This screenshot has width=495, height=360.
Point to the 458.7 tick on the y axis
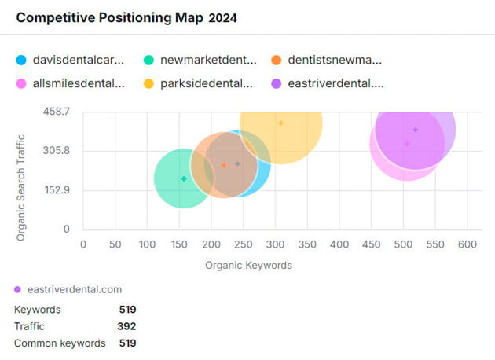[57, 112]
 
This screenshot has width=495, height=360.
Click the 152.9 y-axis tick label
[57, 189]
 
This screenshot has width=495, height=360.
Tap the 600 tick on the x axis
[467, 244]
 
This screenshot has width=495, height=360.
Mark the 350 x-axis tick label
[275, 244]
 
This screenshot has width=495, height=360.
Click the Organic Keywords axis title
[248, 266]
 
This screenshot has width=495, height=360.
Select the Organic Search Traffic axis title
[21, 171]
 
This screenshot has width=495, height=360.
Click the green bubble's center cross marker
[184, 178]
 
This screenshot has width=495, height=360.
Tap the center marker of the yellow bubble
[280, 123]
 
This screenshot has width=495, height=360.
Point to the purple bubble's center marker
[416, 130]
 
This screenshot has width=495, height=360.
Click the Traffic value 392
[127, 326]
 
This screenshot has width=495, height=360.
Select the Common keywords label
[60, 343]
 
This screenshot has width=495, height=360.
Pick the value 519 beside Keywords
[127, 310]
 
